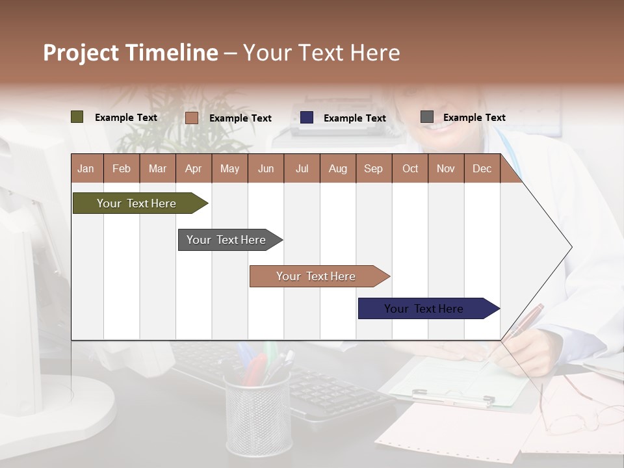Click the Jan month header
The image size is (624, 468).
coord(86,168)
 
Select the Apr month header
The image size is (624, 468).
coord(193,168)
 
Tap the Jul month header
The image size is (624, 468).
coord(302,168)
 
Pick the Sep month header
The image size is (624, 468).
coord(373,168)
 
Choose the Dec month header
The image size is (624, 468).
coord(482,168)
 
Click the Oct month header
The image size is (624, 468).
coord(409,168)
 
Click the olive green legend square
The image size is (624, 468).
coord(77,117)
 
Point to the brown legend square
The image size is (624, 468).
coord(191,118)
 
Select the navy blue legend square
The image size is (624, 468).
coord(307,117)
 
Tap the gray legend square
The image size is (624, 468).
coord(427,117)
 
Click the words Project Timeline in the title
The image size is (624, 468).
coord(130,53)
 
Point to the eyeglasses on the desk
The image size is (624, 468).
coord(578,416)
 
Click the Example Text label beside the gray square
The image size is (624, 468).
coord(474,117)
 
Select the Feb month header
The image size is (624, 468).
coord(121,168)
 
